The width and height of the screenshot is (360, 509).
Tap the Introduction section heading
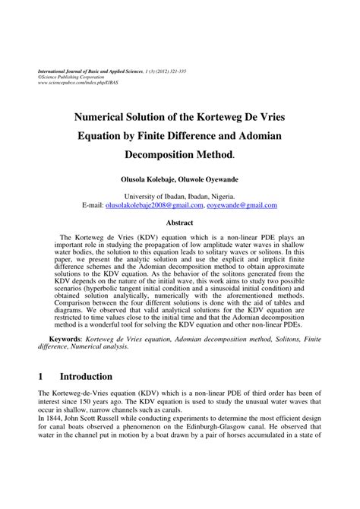coord(86,375)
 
